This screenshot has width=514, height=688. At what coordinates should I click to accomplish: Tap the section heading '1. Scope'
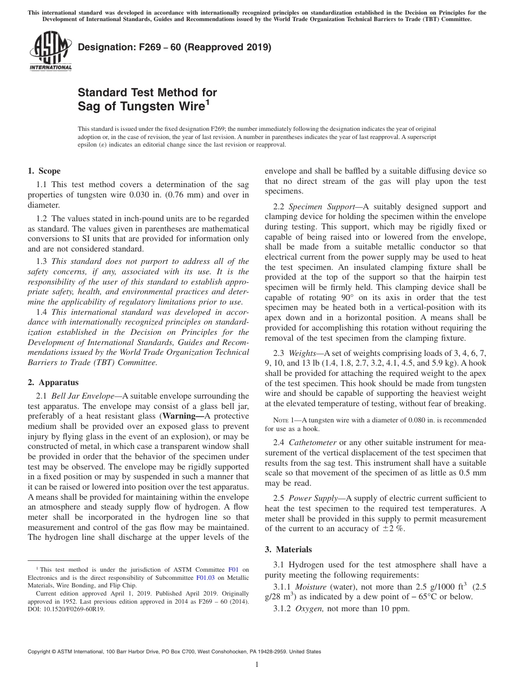[44, 171]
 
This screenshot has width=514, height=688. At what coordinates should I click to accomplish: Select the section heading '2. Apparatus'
[53, 382]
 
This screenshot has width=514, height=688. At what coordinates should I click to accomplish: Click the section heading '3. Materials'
[288, 549]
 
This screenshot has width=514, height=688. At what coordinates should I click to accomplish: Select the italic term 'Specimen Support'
[313, 207]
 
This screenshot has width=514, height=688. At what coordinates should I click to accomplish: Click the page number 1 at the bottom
[256, 664]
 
